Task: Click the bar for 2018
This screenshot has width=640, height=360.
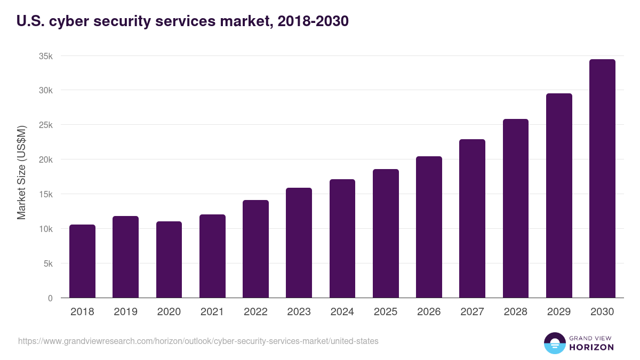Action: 82,261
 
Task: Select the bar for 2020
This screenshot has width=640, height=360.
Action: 169,260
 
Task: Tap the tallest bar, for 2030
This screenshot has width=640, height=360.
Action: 602,179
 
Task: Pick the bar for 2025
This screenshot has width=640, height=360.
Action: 386,234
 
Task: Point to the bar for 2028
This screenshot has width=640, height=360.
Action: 515,209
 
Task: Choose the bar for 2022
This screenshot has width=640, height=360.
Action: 255,249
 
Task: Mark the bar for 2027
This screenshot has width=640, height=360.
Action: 472,219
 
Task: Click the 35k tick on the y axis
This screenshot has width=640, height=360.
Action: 45,56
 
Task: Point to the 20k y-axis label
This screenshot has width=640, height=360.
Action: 45,159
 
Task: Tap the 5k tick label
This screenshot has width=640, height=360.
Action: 47,263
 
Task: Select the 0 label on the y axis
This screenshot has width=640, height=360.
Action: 50,298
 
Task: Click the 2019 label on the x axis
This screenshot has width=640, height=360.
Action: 125,312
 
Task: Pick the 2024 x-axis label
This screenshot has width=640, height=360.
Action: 342,312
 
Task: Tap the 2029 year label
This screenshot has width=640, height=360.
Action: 558,312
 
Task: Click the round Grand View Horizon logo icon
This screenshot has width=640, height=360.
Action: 554,343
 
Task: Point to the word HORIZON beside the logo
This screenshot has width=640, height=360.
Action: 591,347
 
